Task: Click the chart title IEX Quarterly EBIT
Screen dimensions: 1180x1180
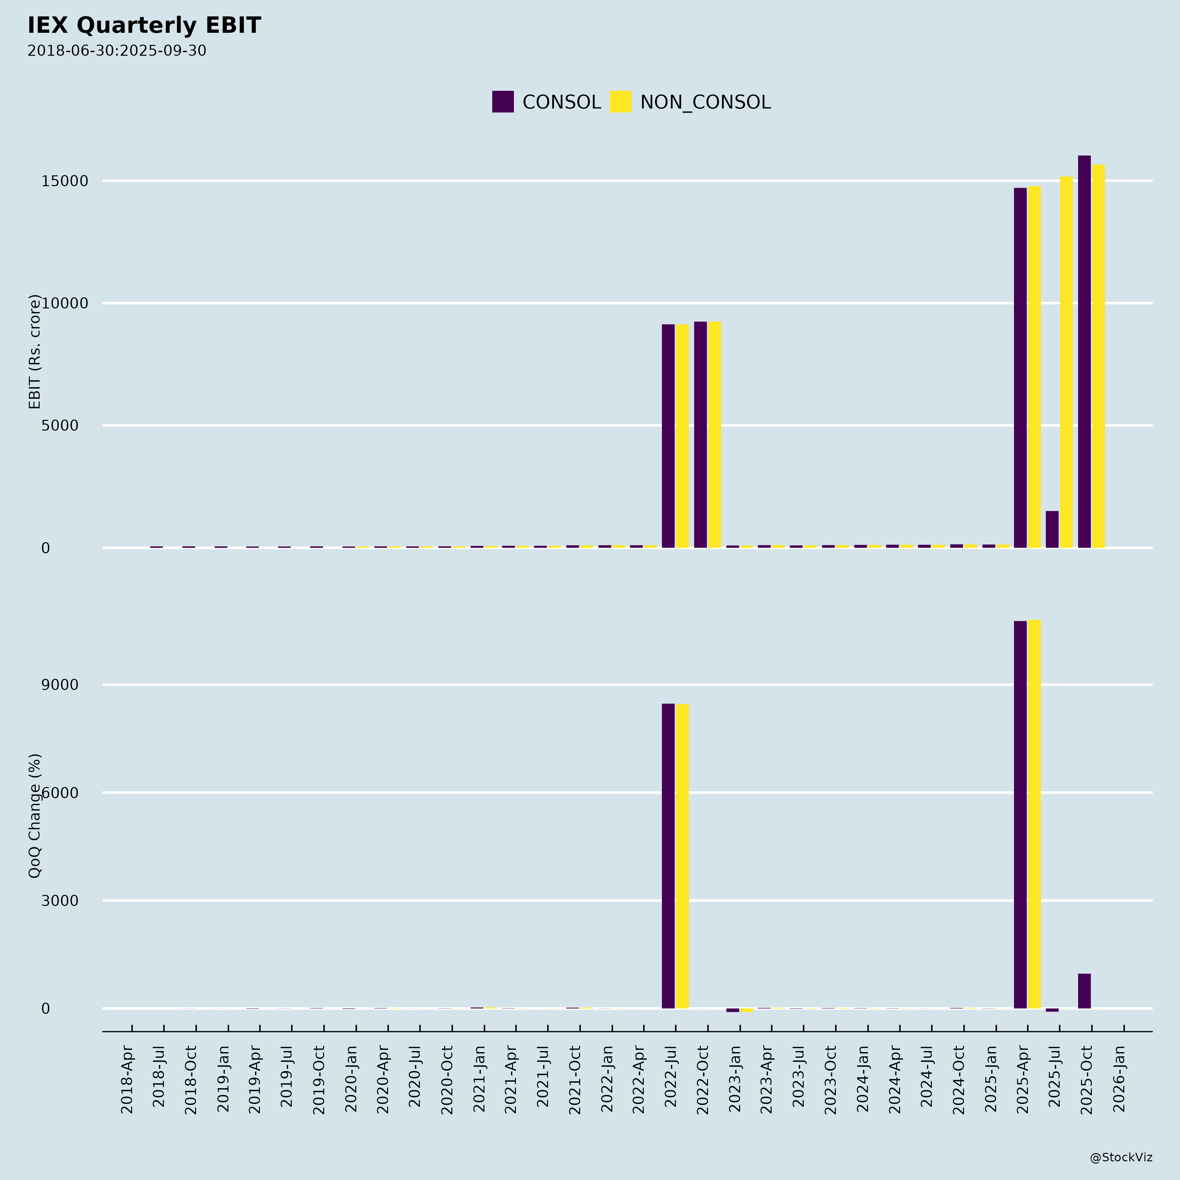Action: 144,26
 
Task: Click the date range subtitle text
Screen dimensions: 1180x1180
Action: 117,51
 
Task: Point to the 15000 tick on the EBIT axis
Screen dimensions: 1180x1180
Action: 65,181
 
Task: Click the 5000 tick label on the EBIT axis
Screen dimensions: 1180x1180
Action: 60,426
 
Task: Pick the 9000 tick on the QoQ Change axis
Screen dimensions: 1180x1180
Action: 60,685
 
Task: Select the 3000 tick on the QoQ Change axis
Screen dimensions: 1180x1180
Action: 60,901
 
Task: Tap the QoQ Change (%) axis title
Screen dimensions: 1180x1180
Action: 35,816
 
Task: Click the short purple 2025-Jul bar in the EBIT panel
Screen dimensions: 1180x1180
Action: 1052,530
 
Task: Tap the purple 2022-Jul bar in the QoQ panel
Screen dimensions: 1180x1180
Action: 668,855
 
